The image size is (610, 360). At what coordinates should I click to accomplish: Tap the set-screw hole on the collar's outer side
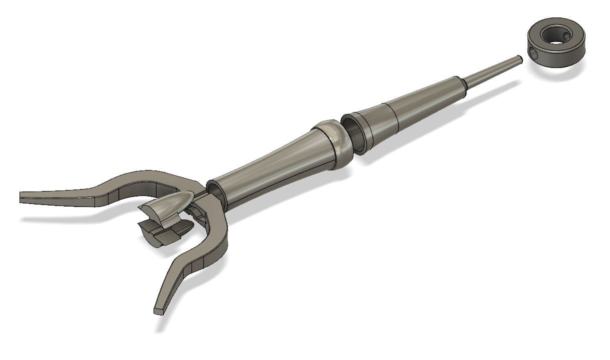pos(534,52)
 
